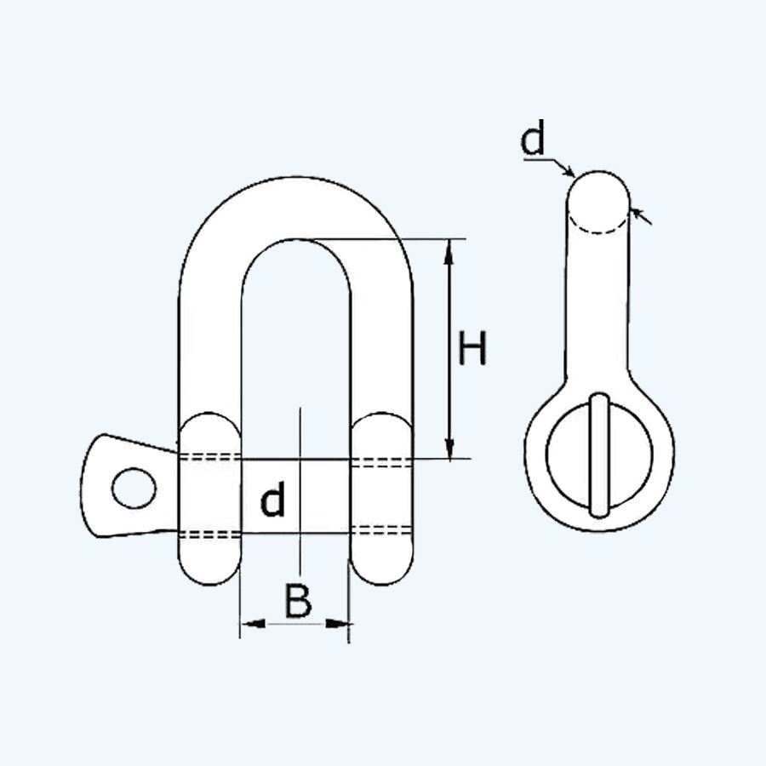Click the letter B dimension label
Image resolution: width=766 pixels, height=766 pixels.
pos(297,603)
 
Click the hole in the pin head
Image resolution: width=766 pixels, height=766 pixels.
pos(134,487)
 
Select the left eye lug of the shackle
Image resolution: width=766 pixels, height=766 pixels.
pos(210,499)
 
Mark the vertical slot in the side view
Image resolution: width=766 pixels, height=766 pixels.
pos(600,455)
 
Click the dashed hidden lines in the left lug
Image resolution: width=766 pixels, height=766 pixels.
pos(210,460)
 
